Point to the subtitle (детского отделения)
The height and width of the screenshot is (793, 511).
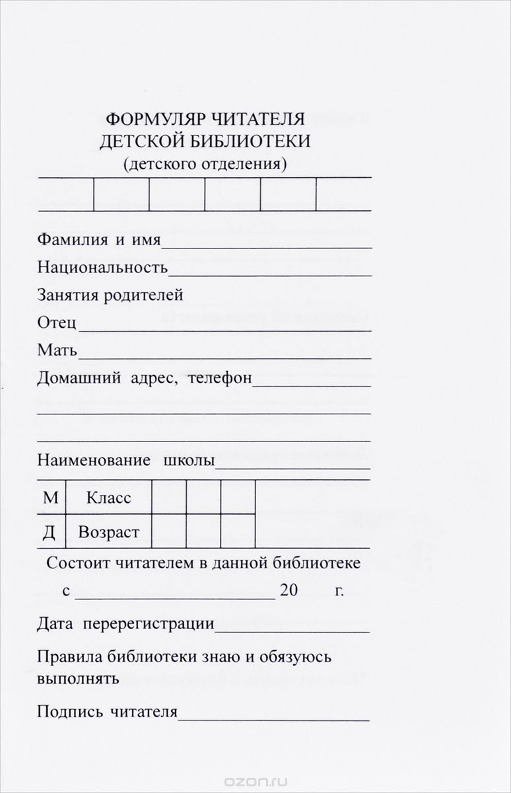205,163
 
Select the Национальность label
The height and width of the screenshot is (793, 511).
102,268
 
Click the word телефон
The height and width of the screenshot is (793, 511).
220,378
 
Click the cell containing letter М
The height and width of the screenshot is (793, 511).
50,498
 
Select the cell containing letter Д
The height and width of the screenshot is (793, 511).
50,532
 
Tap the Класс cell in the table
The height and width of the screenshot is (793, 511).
108,498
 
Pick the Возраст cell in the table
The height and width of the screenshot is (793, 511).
108,532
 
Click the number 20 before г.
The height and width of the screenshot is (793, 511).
289,590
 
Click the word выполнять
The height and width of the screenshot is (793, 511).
78,678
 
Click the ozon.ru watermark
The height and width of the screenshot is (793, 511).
255,780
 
